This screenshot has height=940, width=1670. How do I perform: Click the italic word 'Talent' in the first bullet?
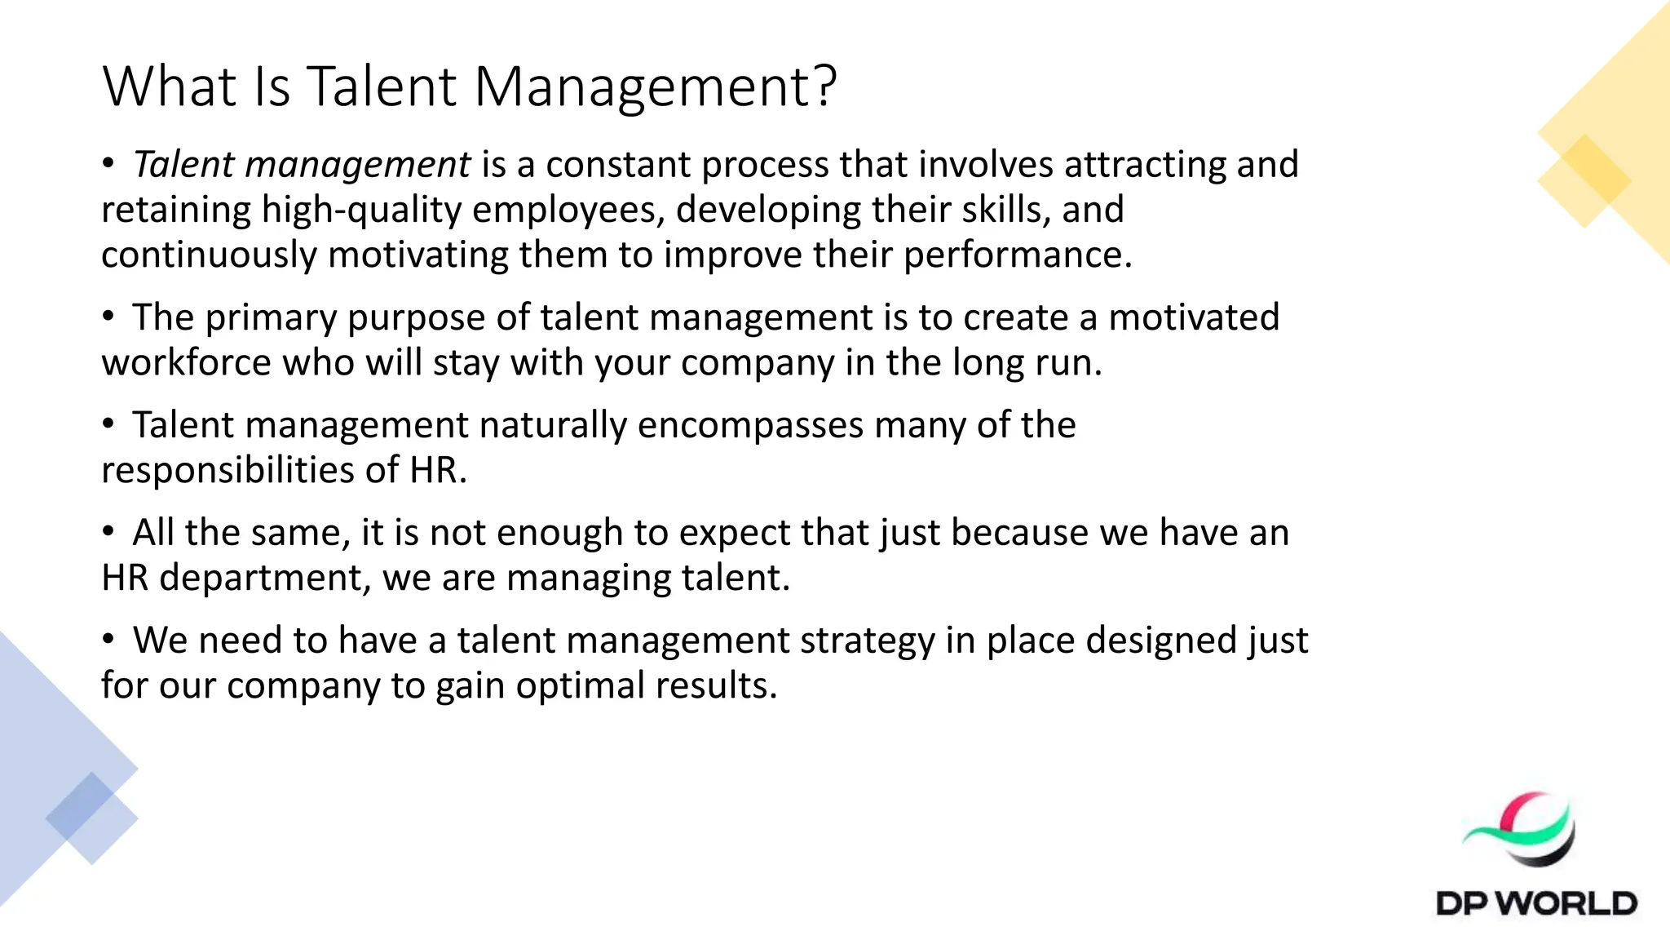pos(183,164)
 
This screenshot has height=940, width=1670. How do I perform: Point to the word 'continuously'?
pos(209,255)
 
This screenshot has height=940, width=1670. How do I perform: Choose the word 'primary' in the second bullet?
pos(271,317)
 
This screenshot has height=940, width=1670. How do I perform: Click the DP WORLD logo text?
pos(1536,903)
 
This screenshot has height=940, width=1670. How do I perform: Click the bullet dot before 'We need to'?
pos(108,640)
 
